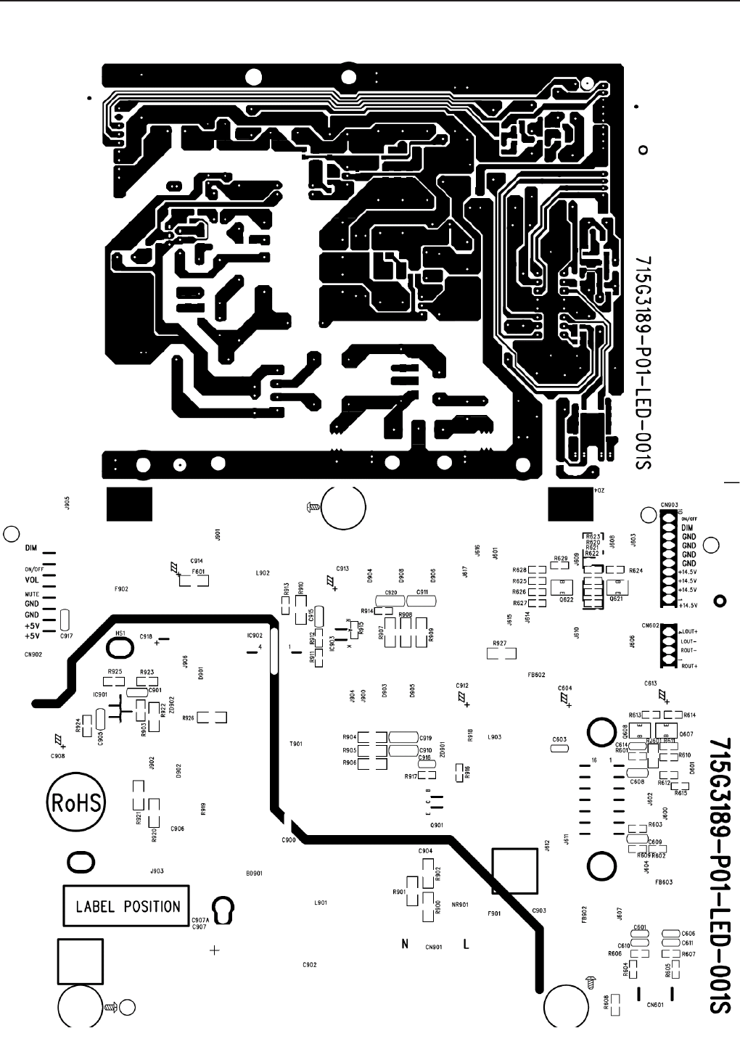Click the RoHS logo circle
point(76,803)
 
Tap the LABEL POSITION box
point(128,906)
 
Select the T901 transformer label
point(295,744)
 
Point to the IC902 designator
point(254,636)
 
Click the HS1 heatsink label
point(120,633)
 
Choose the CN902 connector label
point(33,654)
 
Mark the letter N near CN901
point(406,945)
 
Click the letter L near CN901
point(466,945)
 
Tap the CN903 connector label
point(670,504)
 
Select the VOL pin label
point(32,580)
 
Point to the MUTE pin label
point(31,594)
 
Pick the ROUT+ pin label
point(689,666)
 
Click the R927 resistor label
point(499,644)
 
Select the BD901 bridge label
point(254,874)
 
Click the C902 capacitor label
point(309,965)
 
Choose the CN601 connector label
point(654,1006)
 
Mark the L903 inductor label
point(494,737)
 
